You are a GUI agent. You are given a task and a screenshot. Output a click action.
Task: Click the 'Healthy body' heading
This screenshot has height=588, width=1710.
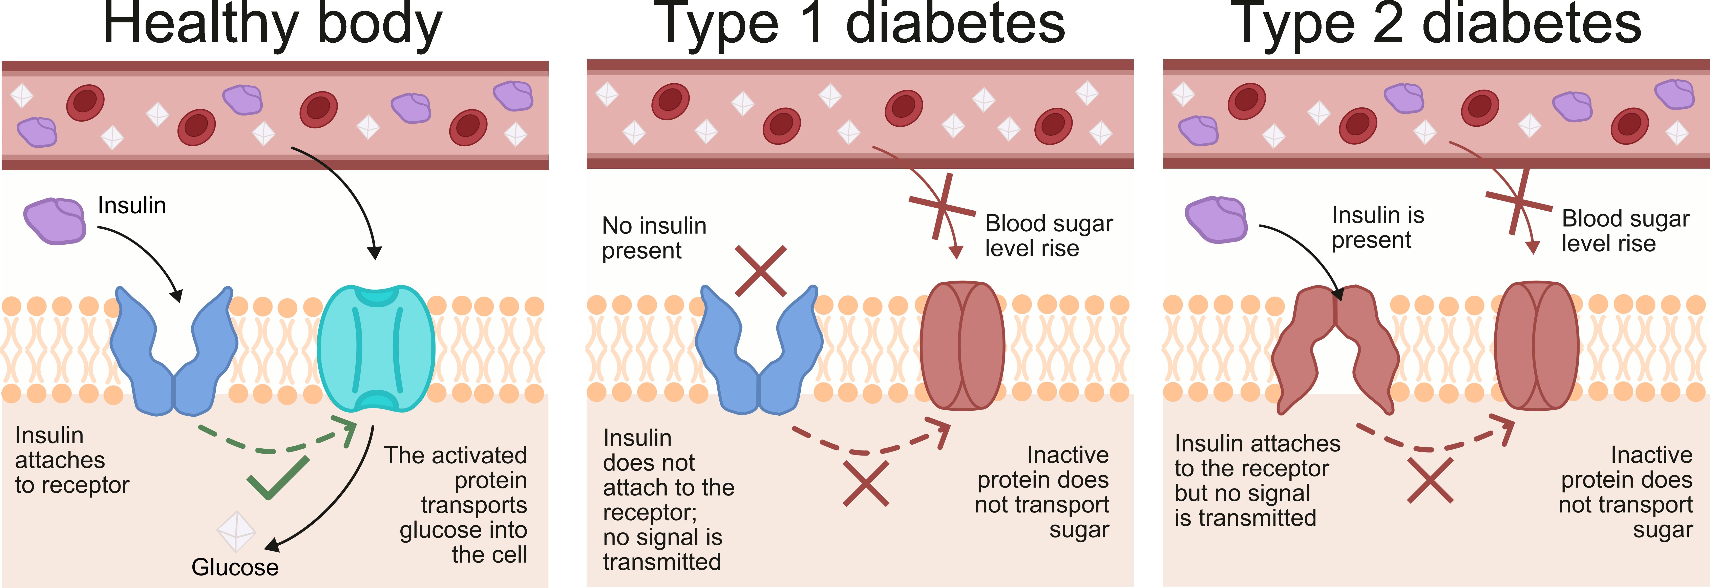[272, 25]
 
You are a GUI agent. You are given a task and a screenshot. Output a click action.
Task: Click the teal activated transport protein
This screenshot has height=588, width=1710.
[376, 349]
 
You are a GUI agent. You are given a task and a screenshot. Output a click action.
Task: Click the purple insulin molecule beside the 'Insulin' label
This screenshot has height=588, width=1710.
[55, 221]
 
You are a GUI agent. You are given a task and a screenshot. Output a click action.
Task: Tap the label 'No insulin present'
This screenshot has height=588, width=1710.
[654, 238]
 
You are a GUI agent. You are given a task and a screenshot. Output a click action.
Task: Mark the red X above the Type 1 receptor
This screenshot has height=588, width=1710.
[761, 271]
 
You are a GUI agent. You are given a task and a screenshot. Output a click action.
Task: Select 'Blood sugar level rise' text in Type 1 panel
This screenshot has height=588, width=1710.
[1049, 236]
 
